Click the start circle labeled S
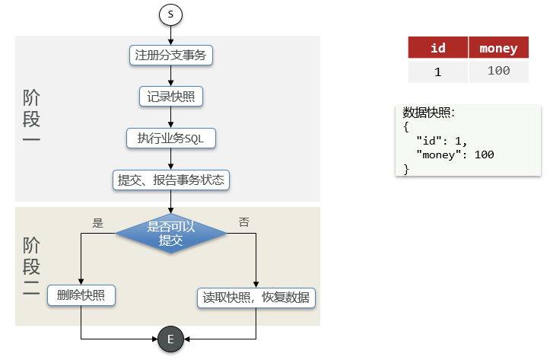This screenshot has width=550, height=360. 170,14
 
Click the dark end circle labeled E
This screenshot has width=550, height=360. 170,339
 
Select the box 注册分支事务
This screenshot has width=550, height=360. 170,55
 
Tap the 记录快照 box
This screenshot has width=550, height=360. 170,97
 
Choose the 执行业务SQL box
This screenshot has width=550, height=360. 170,139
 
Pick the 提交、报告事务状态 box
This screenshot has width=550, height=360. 170,180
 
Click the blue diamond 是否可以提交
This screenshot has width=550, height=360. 170,232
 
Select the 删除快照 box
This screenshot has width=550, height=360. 81,295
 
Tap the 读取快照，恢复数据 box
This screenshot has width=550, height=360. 256,297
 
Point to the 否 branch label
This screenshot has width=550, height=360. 243,222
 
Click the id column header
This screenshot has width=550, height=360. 437,48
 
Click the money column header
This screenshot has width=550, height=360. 498,48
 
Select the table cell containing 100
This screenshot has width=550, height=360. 498,72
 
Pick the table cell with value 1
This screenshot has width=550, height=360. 437,72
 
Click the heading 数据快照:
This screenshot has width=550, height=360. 429,113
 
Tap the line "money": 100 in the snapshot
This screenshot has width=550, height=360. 456,155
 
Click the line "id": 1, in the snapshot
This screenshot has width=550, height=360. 442,141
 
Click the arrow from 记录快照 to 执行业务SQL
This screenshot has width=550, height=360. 170,117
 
